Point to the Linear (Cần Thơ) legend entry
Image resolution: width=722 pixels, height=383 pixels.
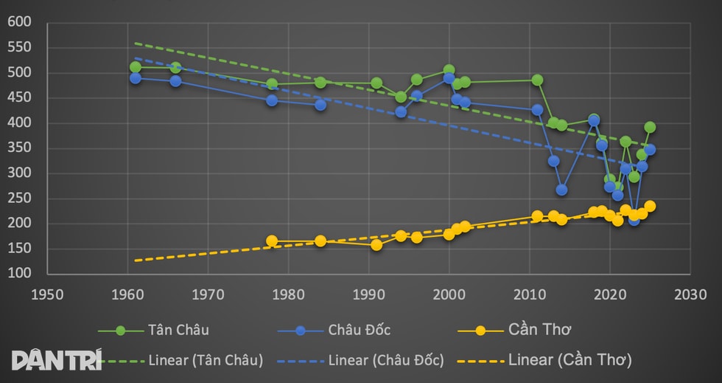[544, 360]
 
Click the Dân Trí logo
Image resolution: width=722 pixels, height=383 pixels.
[56, 359]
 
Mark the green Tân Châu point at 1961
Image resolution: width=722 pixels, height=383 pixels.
[136, 67]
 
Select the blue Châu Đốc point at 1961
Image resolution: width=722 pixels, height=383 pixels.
[136, 77]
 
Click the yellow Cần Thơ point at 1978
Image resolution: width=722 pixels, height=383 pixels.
[272, 241]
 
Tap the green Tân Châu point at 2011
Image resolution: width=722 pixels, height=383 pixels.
[537, 80]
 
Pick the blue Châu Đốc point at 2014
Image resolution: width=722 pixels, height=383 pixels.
[561, 190]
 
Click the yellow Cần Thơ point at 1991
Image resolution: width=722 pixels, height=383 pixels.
[376, 245]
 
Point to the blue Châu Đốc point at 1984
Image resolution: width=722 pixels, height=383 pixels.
[320, 105]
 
